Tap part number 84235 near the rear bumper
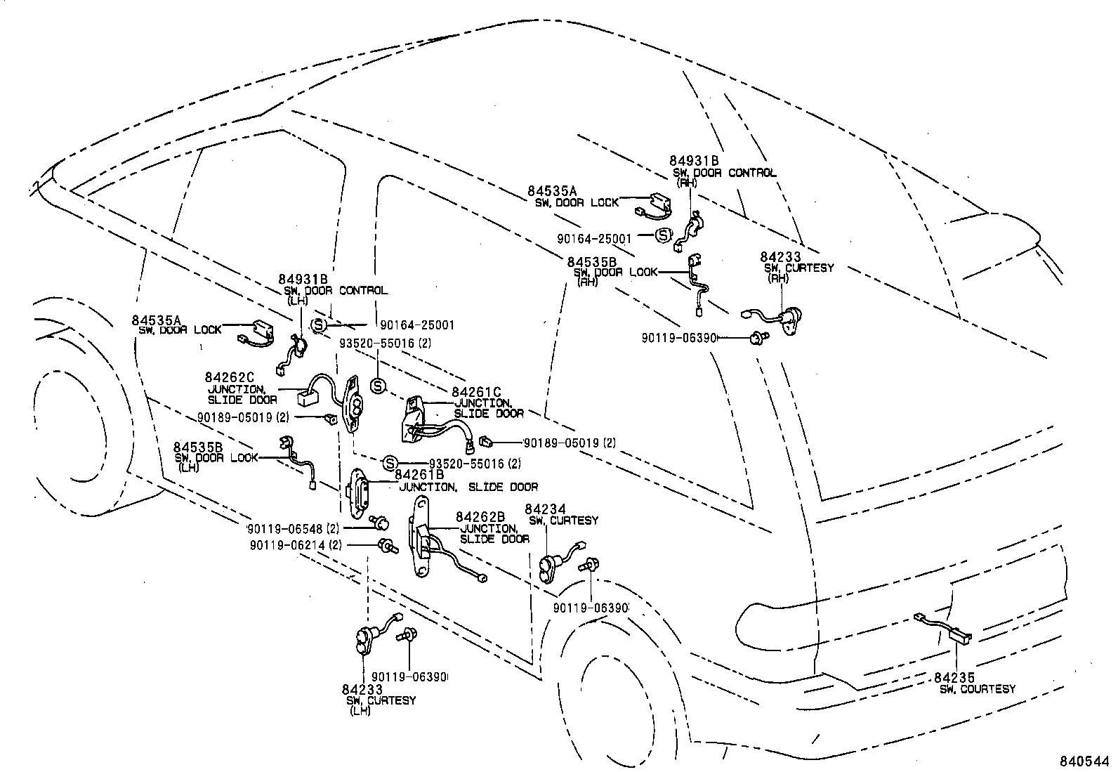pos(954,677)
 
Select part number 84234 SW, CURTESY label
pos(546,509)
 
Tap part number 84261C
pos(476,392)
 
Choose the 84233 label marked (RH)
pos(780,258)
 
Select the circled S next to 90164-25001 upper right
pos(662,236)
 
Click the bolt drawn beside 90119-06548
pos(381,522)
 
